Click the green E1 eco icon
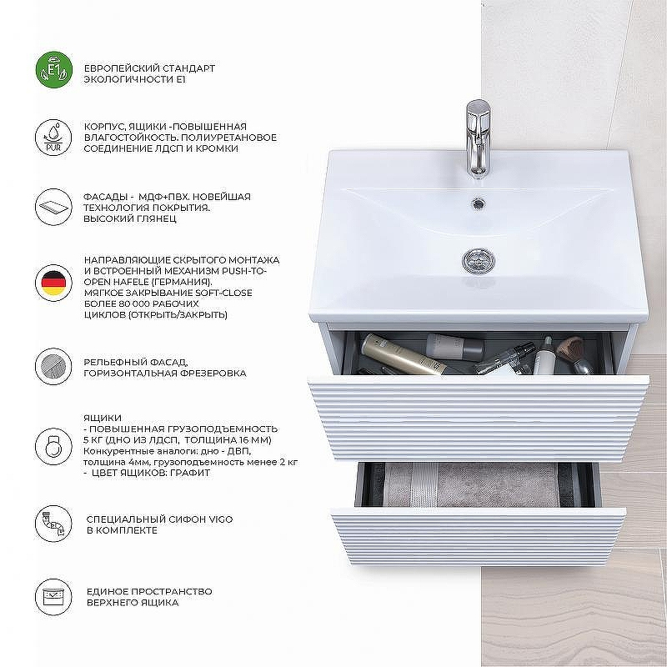tap(54, 70)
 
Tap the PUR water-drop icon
tap(53, 138)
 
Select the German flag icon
tap(53, 283)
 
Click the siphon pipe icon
tap(53, 524)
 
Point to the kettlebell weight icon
tap(53, 446)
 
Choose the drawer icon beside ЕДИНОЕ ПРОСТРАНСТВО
tap(53, 597)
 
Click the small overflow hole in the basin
tap(479, 203)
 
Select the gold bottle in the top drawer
tap(403, 354)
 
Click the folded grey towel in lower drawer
tap(471, 484)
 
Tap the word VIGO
tap(220, 519)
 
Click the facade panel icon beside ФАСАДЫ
tap(53, 207)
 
